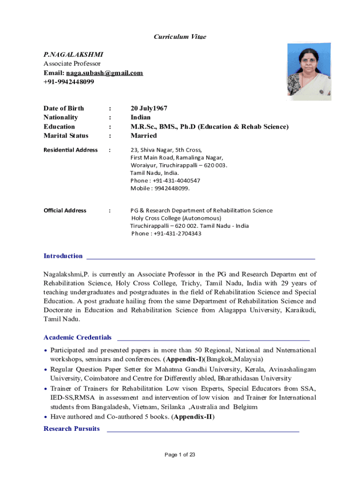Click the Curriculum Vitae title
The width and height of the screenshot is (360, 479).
click(x=180, y=36)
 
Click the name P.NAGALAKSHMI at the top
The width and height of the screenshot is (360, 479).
click(x=70, y=54)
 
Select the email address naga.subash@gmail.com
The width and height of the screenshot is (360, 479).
click(x=104, y=73)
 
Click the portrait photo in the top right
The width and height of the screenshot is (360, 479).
click(x=309, y=72)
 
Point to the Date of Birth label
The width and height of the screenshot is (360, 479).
click(x=64, y=108)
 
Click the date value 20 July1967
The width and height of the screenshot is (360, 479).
click(x=149, y=108)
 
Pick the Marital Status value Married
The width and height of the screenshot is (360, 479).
click(x=144, y=136)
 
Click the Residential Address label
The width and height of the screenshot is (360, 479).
click(x=71, y=150)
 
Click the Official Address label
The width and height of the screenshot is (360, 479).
click(x=65, y=210)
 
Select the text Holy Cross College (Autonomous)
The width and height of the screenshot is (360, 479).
click(x=176, y=218)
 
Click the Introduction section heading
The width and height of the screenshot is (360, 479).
click(x=63, y=256)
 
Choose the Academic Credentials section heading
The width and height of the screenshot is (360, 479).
click(x=78, y=337)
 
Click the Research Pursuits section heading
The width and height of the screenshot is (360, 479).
click(x=72, y=428)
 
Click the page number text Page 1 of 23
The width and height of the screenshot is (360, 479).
click(x=180, y=455)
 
